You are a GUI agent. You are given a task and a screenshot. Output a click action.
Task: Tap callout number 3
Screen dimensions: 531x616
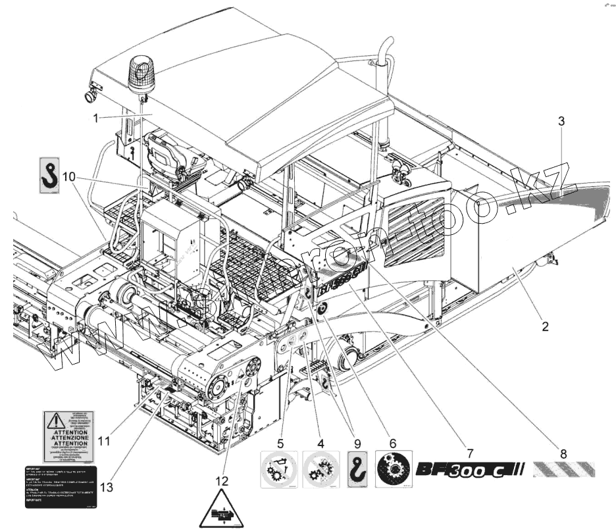561,121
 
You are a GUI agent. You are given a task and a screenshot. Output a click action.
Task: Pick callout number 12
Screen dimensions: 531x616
222,481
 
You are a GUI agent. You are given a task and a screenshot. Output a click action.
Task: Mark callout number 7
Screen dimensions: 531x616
469,453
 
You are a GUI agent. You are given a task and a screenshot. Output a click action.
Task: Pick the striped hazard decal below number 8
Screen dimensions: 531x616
563,470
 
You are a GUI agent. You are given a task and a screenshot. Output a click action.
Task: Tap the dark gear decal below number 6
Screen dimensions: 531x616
394,470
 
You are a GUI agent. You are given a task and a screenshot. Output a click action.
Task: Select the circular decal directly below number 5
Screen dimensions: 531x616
279,470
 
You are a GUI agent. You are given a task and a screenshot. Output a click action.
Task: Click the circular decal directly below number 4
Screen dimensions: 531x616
321,470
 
